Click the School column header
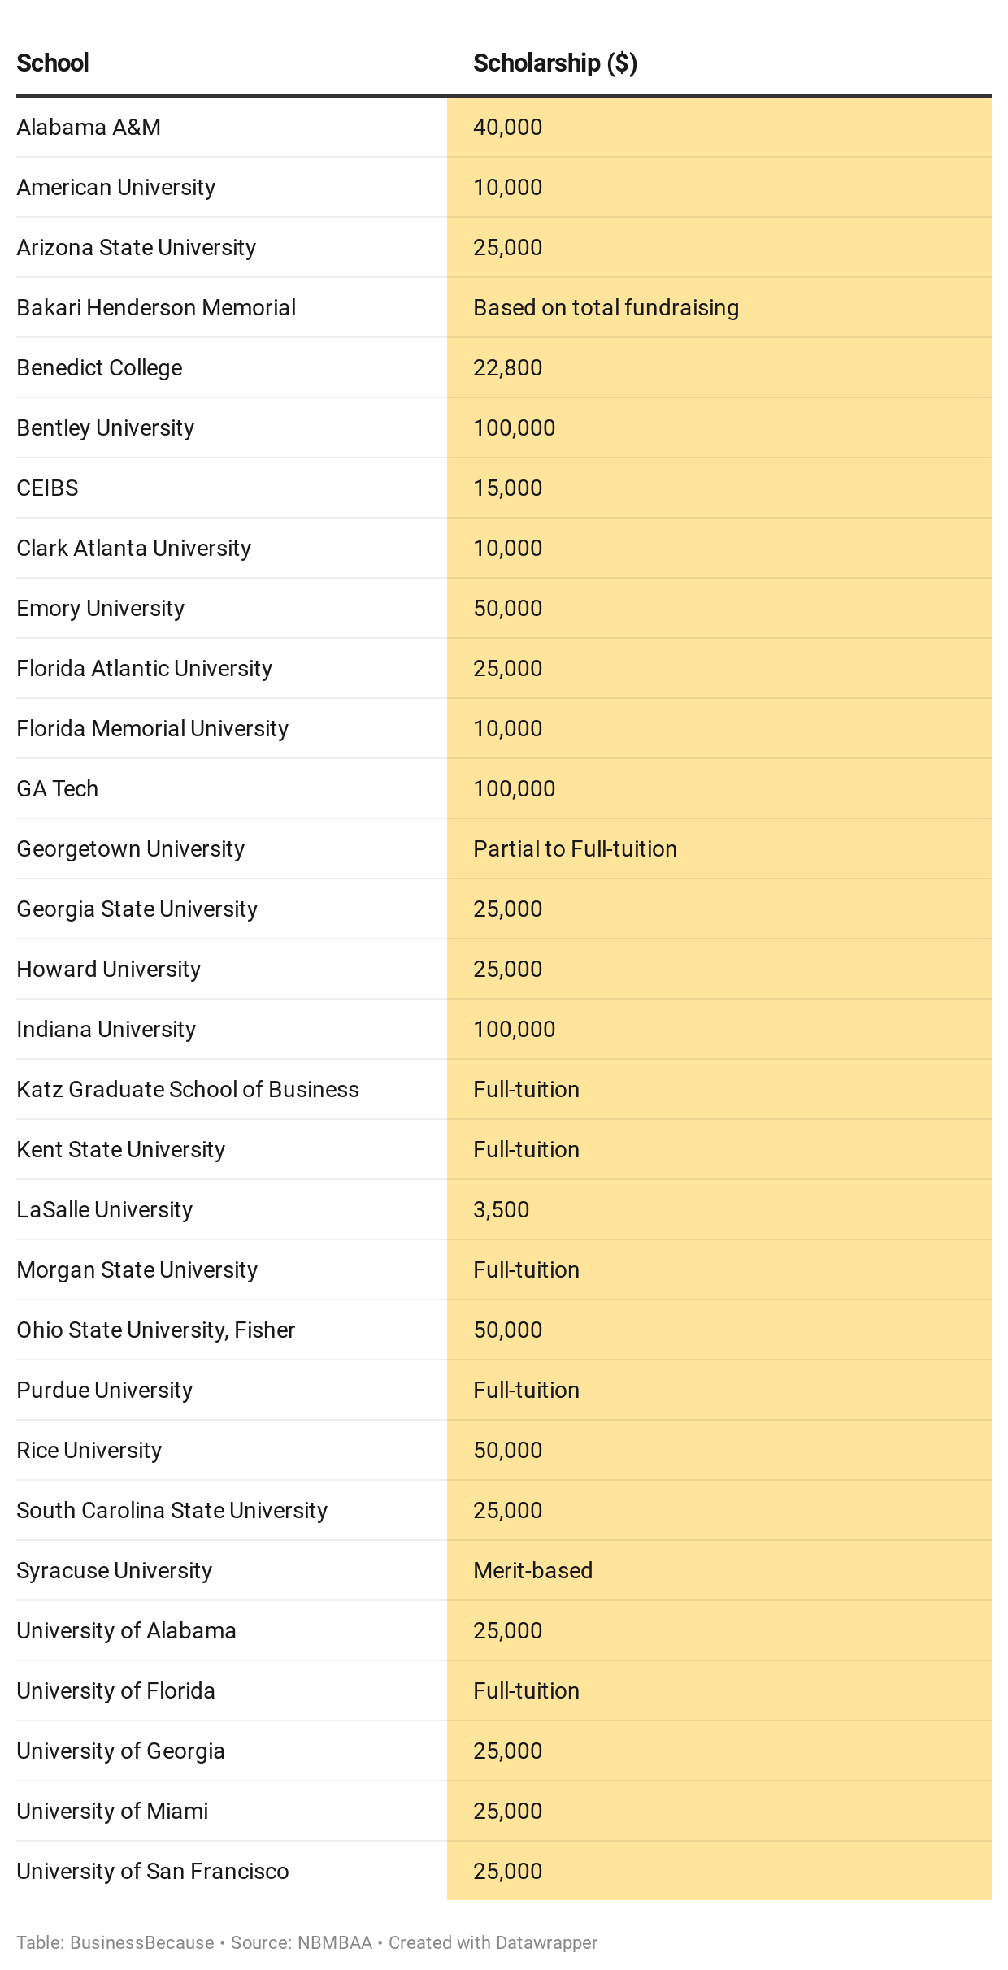(x=53, y=63)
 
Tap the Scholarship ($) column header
(x=554, y=63)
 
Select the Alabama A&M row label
(x=89, y=128)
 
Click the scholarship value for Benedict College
(x=507, y=368)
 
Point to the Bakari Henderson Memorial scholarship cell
(x=606, y=308)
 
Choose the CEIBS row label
(x=48, y=488)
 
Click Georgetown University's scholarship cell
(x=575, y=849)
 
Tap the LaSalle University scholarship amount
(x=501, y=1210)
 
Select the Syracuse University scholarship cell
(x=532, y=1571)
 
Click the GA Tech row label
(x=58, y=789)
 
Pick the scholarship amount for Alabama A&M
(x=507, y=128)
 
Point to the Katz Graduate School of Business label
(x=188, y=1090)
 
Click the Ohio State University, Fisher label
(x=156, y=1330)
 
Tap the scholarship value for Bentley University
(x=514, y=428)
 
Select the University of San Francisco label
(x=153, y=1872)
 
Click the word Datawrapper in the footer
(x=546, y=1943)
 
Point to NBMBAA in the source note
(x=334, y=1943)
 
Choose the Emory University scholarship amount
(x=507, y=609)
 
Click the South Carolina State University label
(x=172, y=1511)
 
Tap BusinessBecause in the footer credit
(x=142, y=1943)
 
